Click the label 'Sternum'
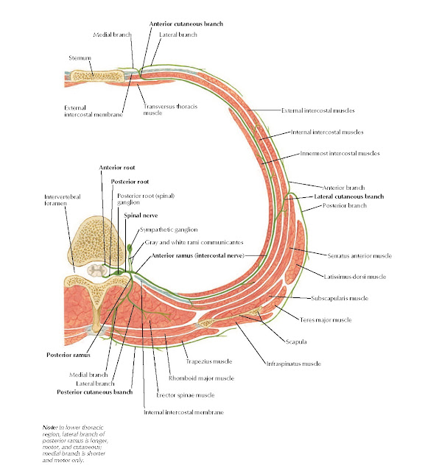pyautogui.click(x=81, y=57)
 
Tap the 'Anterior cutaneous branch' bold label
pyautogui.click(x=186, y=24)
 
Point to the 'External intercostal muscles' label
pyautogui.click(x=318, y=110)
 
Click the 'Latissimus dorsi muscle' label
pyautogui.click(x=354, y=277)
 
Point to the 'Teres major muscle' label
pyautogui.click(x=346, y=319)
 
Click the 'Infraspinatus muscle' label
pyautogui.click(x=292, y=364)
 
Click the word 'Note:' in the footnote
pyautogui.click(x=51, y=428)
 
